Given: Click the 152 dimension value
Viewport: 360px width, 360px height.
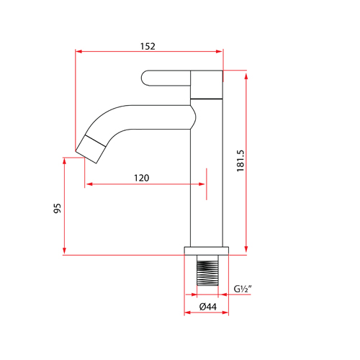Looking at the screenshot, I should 148,45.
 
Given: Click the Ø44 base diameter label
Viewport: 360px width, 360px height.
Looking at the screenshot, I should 207,307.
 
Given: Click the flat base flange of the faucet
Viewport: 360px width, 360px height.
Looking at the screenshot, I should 207,251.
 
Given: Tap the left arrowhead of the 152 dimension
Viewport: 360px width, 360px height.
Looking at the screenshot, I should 79,51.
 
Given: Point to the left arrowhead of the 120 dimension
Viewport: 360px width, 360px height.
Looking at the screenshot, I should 89,184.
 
